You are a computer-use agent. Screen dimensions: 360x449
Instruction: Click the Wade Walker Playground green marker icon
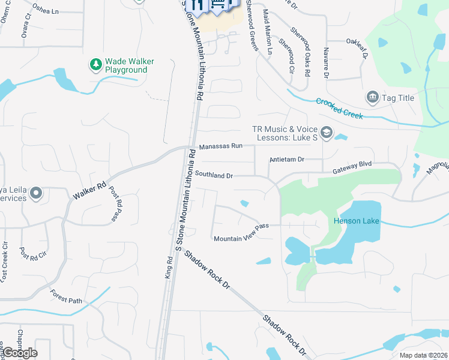pyautogui.click(x=95, y=64)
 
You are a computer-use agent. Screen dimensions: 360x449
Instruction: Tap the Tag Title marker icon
pyautogui.click(x=372, y=97)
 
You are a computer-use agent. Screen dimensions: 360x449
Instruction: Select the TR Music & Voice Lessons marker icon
pyautogui.click(x=327, y=133)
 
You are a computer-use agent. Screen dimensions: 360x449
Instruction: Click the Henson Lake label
pyautogui.click(x=357, y=221)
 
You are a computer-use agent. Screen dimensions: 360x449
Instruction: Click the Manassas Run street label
pyautogui.click(x=220, y=146)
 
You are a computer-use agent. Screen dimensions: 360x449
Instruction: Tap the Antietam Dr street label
pyautogui.click(x=288, y=160)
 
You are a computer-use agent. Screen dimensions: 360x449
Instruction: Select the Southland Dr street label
pyautogui.click(x=214, y=175)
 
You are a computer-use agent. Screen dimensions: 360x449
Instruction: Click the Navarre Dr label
pyautogui.click(x=326, y=62)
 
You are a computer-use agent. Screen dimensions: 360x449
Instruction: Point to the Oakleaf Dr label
pyautogui.click(x=357, y=46)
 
